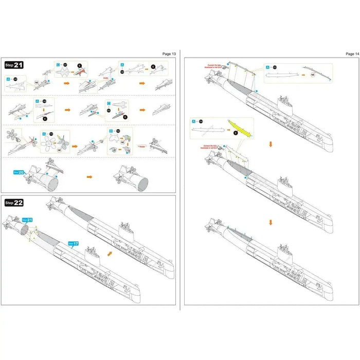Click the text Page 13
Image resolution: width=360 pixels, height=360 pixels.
point(169,53)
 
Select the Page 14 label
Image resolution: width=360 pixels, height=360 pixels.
point(353,53)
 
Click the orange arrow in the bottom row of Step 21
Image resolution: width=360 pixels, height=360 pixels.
point(89,176)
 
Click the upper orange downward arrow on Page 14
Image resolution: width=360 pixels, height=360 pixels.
point(271,145)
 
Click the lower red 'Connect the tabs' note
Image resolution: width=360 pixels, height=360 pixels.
point(211,148)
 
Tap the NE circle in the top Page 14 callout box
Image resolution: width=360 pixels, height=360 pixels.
point(313,75)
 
